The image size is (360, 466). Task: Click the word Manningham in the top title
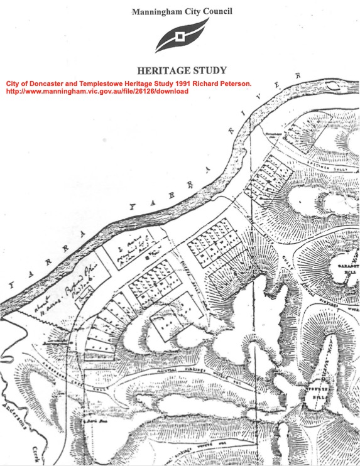tap(157, 11)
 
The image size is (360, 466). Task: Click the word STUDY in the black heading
tap(210, 70)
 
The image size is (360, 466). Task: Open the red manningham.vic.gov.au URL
tap(97, 91)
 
